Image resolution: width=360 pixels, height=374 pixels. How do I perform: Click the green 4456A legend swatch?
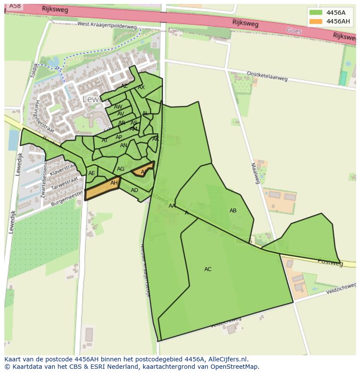(x=316, y=13)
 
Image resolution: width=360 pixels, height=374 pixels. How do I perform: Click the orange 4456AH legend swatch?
(x=316, y=21)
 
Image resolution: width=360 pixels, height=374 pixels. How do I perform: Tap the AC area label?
(x=208, y=269)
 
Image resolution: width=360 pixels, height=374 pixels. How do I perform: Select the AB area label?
(x=233, y=211)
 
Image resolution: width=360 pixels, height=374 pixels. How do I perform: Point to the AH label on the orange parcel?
(x=114, y=183)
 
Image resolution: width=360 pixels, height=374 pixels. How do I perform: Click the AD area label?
(x=134, y=190)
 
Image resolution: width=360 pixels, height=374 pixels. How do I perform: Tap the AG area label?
(x=120, y=169)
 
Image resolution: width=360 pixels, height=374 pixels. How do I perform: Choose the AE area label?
(x=91, y=173)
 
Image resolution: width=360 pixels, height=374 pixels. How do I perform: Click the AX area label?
(x=141, y=87)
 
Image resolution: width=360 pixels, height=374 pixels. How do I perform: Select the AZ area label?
(x=124, y=86)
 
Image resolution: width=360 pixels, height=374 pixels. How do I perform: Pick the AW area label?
(x=118, y=107)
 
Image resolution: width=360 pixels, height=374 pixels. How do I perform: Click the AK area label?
(x=156, y=139)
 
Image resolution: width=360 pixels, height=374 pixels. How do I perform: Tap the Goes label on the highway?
(x=294, y=30)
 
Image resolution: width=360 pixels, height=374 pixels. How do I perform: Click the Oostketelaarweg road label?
(x=267, y=76)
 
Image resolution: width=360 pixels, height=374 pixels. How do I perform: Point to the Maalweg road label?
(x=255, y=173)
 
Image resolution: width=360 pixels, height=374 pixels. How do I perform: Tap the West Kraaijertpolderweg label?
(x=107, y=26)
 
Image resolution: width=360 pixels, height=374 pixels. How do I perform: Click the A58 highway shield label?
(x=14, y=6)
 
